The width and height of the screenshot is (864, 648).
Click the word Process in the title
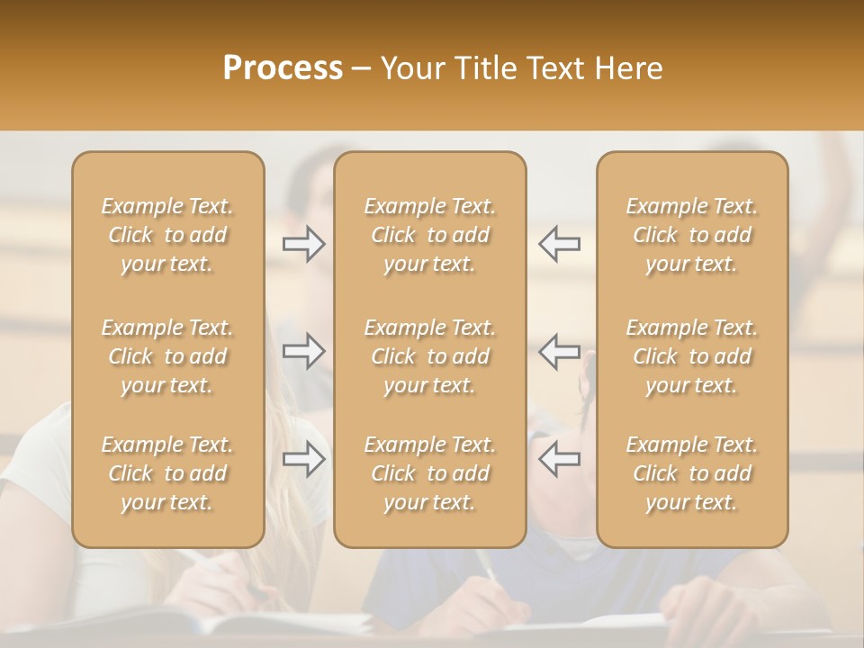point(283,68)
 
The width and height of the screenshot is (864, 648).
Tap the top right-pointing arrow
point(303,244)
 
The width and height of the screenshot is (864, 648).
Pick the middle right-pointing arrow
point(303,351)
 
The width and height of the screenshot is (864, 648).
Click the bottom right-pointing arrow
point(303,459)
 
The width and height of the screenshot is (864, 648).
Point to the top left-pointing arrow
point(560,244)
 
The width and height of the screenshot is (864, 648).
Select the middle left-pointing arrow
point(560,351)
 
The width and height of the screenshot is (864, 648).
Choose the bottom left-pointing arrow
point(560,459)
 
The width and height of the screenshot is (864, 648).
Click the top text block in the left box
point(167,235)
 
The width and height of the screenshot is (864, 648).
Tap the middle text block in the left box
point(167,356)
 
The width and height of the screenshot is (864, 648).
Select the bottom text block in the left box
point(167,473)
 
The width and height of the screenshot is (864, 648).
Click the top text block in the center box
point(430,235)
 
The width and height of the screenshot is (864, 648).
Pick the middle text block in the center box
point(430,356)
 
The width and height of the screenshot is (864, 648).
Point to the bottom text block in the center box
point(430,473)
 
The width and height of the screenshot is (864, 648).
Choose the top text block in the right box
point(692,235)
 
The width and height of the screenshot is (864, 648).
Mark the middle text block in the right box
point(692,356)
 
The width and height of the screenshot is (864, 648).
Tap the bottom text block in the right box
point(692,473)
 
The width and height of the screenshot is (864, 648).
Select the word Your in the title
point(412,68)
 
